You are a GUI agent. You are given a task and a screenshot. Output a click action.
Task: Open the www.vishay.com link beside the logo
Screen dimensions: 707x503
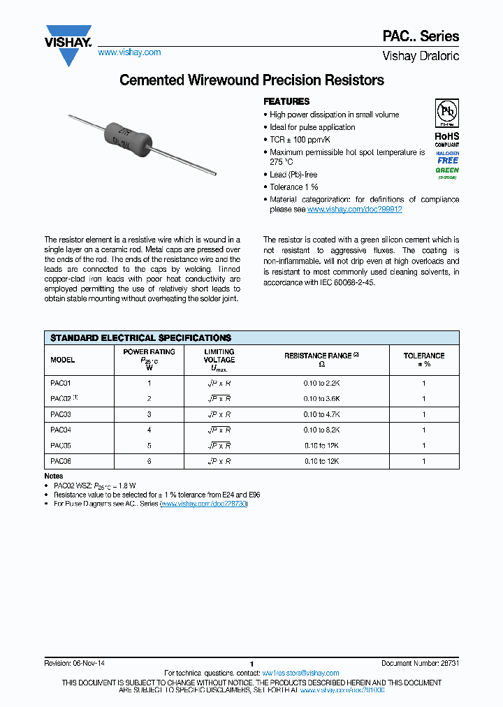(129, 52)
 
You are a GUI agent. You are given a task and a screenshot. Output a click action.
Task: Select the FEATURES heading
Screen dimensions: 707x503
(286, 101)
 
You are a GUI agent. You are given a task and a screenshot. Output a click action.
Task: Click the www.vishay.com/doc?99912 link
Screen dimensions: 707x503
(354, 210)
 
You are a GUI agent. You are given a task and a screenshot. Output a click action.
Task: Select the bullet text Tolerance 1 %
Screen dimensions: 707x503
(293, 187)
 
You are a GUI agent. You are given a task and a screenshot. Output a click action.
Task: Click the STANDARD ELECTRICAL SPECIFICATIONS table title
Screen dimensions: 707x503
(140, 337)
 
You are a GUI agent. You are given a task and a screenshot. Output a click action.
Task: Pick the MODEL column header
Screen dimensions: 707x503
(63, 360)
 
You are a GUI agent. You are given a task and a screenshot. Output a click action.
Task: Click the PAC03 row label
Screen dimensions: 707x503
(61, 414)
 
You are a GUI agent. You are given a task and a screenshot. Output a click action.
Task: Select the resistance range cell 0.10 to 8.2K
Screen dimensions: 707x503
(321, 430)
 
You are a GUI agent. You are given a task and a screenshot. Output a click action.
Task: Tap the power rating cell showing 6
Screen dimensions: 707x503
(149, 462)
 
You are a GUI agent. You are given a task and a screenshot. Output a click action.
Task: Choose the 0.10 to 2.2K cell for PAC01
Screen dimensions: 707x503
(321, 384)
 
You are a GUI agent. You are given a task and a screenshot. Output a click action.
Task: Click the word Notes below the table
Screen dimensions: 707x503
(54, 476)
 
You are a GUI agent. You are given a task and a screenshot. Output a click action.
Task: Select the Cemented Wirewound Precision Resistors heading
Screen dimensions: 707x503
(251, 80)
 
